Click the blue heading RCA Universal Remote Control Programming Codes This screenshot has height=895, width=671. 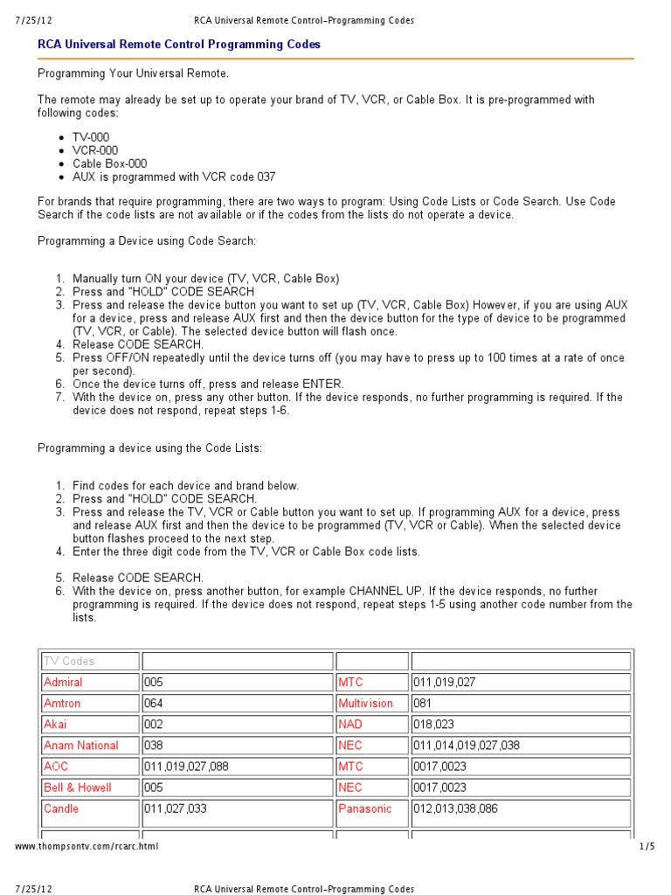tap(178, 44)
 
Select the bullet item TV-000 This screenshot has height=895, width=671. tap(93, 138)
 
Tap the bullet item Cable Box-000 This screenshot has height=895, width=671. tap(109, 163)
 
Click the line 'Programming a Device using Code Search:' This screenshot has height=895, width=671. tap(147, 240)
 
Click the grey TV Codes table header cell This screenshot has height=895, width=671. tap(69, 662)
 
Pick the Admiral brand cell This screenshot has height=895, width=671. tap(63, 683)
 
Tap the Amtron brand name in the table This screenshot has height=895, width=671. tap(62, 704)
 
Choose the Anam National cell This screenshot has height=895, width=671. tap(80, 746)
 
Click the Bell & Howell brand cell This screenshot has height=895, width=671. tap(78, 787)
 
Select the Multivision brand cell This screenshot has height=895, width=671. tap(365, 704)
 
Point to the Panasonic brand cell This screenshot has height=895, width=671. tap(365, 808)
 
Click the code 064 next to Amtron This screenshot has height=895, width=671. tap(154, 704)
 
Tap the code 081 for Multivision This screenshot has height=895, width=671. tap(423, 704)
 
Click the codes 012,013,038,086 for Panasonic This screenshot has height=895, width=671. tap(456, 808)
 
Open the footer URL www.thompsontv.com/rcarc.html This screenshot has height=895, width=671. tap(86, 846)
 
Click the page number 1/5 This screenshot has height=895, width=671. tap(647, 846)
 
